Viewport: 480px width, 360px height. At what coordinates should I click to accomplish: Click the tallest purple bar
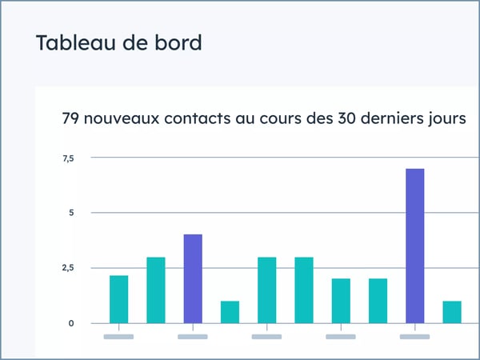point(414,246)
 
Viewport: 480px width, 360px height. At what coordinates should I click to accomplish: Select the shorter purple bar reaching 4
point(193,278)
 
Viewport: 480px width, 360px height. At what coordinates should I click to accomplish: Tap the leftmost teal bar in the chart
point(118,299)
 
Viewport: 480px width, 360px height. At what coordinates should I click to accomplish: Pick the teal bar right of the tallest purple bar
point(452,312)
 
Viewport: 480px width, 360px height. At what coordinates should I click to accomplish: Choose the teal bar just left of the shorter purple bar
point(156,290)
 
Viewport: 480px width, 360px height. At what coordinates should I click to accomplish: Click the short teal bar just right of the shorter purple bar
point(230,312)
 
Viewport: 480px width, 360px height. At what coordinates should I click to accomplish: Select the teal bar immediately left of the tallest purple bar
point(378,301)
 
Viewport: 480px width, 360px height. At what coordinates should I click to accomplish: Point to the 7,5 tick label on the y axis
point(68,158)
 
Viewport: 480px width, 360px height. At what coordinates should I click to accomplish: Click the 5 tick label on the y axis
point(70,213)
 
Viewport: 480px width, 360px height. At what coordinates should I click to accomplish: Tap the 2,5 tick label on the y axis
point(68,267)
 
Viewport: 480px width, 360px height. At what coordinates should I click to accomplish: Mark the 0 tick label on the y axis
point(70,323)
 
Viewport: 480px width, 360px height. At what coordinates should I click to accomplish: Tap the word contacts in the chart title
point(216,119)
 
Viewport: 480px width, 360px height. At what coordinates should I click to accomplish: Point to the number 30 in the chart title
point(354,119)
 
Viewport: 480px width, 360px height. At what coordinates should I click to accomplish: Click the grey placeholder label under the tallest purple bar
point(414,337)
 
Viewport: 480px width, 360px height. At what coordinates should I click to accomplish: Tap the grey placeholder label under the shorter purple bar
point(193,337)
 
